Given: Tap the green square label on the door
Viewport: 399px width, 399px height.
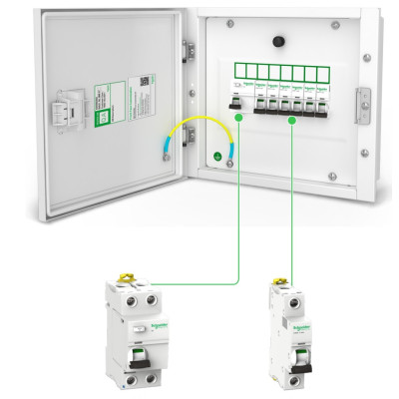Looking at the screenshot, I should (102, 115).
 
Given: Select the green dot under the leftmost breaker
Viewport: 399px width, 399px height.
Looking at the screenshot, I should (239, 118).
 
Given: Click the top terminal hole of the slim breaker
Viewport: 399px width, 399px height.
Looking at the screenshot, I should (291, 300).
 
